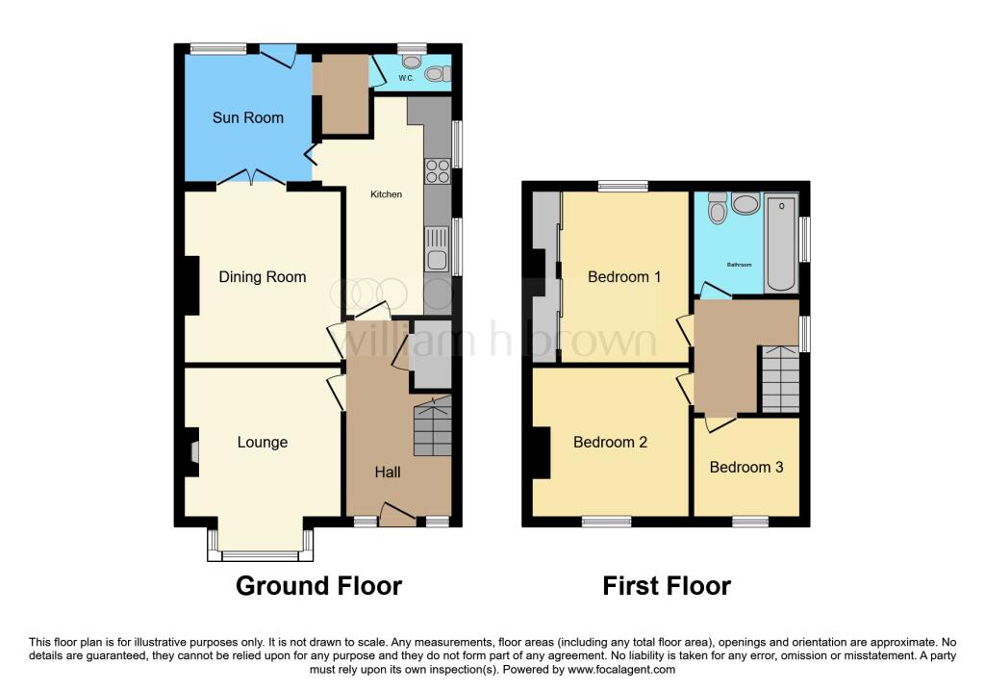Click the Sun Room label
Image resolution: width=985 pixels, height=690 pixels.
click(248, 117)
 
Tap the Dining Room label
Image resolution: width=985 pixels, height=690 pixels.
click(263, 277)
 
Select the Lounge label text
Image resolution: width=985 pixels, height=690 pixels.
click(263, 443)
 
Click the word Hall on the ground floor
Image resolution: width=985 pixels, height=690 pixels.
click(388, 473)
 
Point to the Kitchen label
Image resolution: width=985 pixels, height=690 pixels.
click(387, 194)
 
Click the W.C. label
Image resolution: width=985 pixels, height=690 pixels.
click(406, 78)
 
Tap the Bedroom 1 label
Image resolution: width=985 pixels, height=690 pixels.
click(624, 277)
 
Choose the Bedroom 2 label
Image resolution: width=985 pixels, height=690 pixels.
click(610, 443)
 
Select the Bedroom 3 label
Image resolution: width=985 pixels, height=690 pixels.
click(746, 467)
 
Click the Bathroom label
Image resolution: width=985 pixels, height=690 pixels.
click(739, 265)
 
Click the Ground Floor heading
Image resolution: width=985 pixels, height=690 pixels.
click(318, 585)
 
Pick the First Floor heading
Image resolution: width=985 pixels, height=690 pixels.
click(667, 585)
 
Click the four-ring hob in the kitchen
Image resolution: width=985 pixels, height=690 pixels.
click(437, 170)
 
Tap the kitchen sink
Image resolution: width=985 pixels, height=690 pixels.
click(437, 247)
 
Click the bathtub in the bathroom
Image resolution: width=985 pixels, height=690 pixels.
click(781, 243)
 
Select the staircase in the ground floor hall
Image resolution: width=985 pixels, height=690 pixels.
click(432, 428)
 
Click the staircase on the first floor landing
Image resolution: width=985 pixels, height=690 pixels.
click(780, 378)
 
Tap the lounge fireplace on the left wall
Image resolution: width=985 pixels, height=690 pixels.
click(193, 452)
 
